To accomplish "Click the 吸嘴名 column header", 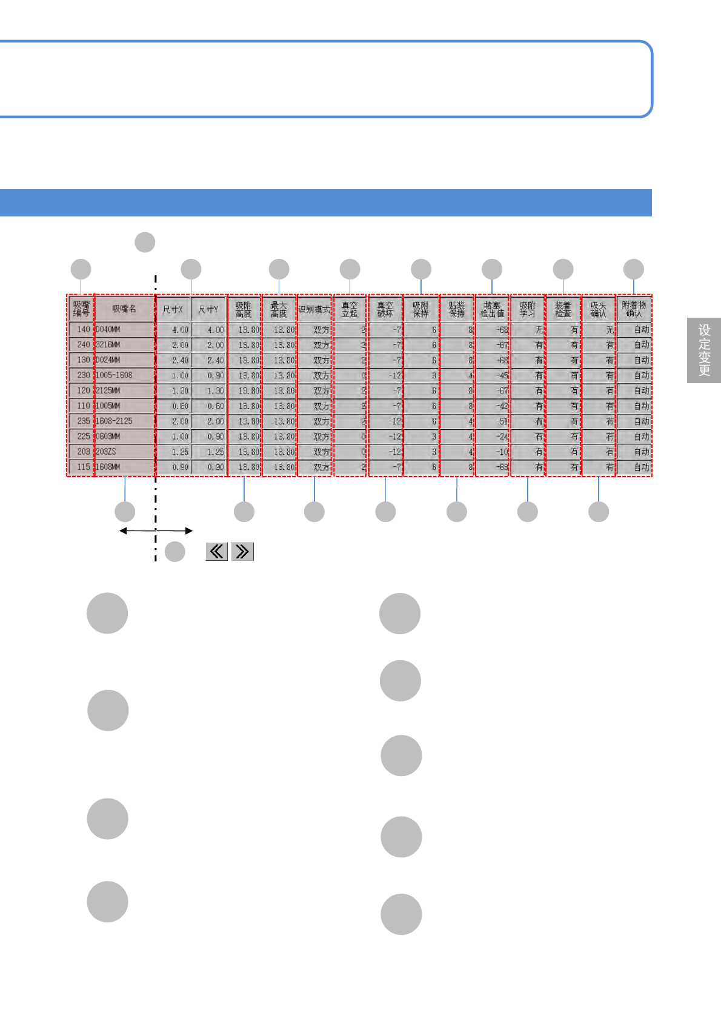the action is pyautogui.click(x=125, y=309).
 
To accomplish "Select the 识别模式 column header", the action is pyautogui.click(x=314, y=309).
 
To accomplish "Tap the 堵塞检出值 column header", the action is pyautogui.click(x=492, y=309).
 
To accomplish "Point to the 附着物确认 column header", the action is pyautogui.click(x=634, y=309).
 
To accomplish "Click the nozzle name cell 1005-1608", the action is pyautogui.click(x=125, y=375).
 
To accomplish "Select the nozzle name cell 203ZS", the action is pyautogui.click(x=125, y=452).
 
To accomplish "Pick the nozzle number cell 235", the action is pyautogui.click(x=81, y=421).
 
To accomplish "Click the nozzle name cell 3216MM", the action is pyautogui.click(x=125, y=344).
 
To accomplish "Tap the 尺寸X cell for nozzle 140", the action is pyautogui.click(x=173, y=330).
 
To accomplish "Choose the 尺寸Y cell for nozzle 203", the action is pyautogui.click(x=208, y=452).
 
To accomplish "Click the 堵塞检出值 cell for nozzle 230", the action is pyautogui.click(x=492, y=375).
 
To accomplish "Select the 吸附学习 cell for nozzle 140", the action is pyautogui.click(x=528, y=330).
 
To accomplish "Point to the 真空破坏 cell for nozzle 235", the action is pyautogui.click(x=385, y=421).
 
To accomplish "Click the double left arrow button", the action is pyautogui.click(x=217, y=551).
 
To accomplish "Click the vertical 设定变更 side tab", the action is pyautogui.click(x=704, y=350).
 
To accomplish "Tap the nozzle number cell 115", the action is pyautogui.click(x=81, y=467).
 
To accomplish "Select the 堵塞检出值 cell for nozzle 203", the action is pyautogui.click(x=492, y=452).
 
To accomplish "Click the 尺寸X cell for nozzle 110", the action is pyautogui.click(x=173, y=406).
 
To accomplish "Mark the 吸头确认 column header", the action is pyautogui.click(x=599, y=309).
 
